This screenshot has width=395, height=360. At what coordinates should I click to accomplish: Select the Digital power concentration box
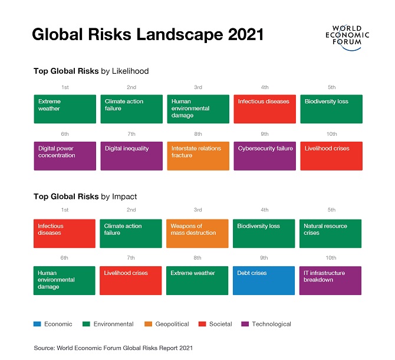pyautogui.click(x=65, y=156)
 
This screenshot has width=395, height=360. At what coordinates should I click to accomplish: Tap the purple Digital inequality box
pyautogui.click(x=131, y=156)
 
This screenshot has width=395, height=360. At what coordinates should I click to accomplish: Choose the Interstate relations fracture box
pyautogui.click(x=198, y=156)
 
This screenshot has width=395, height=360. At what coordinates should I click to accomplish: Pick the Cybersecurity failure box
pyautogui.click(x=265, y=156)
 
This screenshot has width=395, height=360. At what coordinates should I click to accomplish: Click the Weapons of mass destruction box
pyautogui.click(x=198, y=234)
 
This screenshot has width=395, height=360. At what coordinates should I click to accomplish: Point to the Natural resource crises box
pyautogui.click(x=331, y=234)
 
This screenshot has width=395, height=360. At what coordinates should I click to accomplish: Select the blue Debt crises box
pyautogui.click(x=265, y=280)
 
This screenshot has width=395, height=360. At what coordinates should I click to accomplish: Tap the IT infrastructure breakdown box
pyautogui.click(x=331, y=280)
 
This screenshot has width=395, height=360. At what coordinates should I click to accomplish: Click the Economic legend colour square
pyautogui.click(x=37, y=324)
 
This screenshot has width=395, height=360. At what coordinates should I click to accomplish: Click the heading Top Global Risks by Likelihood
pyautogui.click(x=91, y=71)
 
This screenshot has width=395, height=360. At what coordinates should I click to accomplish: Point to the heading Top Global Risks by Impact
pyautogui.click(x=85, y=197)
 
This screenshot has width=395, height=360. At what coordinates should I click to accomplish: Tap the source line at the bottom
pyautogui.click(x=113, y=348)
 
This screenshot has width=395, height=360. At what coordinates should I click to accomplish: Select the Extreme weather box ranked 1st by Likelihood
pyautogui.click(x=65, y=109)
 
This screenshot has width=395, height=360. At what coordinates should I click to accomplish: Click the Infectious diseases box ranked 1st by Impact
pyautogui.click(x=65, y=234)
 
